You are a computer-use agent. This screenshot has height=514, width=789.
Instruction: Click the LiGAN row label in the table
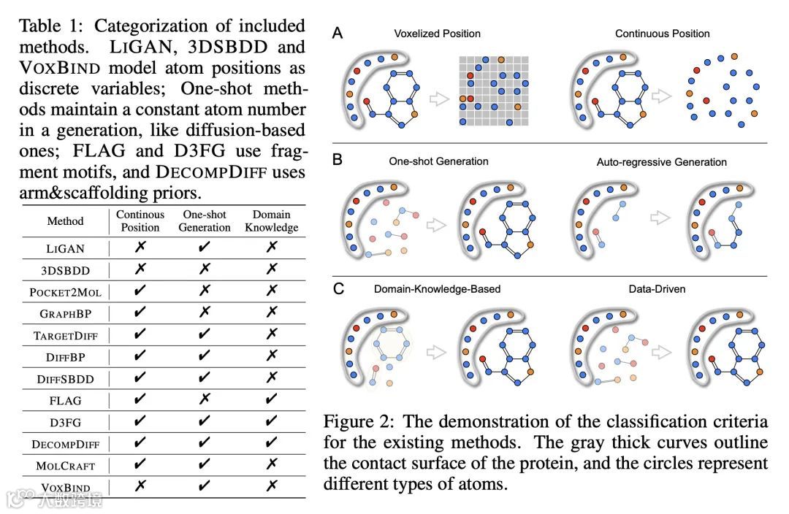coord(65,248)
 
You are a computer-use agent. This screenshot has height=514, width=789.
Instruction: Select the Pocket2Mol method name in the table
coord(65,292)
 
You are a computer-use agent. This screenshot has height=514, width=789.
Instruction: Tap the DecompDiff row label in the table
coord(65,444)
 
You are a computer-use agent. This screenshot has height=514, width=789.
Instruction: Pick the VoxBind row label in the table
coord(65,487)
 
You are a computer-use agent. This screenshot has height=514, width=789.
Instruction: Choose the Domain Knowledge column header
coord(271,221)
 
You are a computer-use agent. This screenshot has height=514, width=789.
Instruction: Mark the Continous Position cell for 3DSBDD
coord(140,269)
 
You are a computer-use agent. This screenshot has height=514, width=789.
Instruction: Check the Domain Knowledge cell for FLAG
coord(271,399)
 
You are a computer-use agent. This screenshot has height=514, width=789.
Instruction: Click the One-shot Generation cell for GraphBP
coord(204,312)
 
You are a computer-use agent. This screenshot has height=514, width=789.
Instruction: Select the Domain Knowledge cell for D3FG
coord(271,421)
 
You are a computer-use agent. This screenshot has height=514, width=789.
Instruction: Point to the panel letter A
coord(338,32)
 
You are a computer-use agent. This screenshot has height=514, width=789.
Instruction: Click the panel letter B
coord(338,159)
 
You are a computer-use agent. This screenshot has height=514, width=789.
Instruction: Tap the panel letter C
coord(338,288)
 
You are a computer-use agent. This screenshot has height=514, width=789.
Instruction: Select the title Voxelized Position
coord(437,34)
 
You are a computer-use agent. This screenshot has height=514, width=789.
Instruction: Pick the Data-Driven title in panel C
coord(657,289)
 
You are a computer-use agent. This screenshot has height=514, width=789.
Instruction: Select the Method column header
coord(65,221)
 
